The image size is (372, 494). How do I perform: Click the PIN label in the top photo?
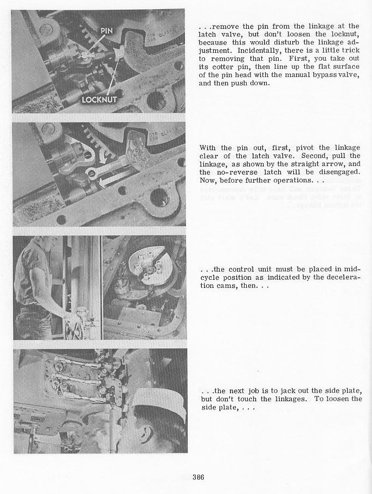[x=106, y=31]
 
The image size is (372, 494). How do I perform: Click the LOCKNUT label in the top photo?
[x=100, y=100]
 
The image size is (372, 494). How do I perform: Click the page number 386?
[x=198, y=477]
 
